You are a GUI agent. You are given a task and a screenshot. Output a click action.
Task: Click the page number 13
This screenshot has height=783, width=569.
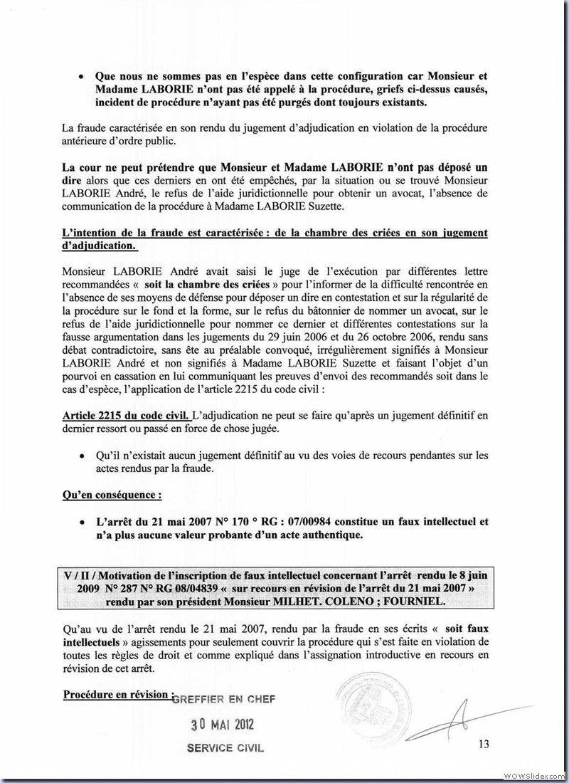click(x=484, y=745)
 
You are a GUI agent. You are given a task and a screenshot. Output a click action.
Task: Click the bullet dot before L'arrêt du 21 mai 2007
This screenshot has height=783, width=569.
click(x=84, y=522)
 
